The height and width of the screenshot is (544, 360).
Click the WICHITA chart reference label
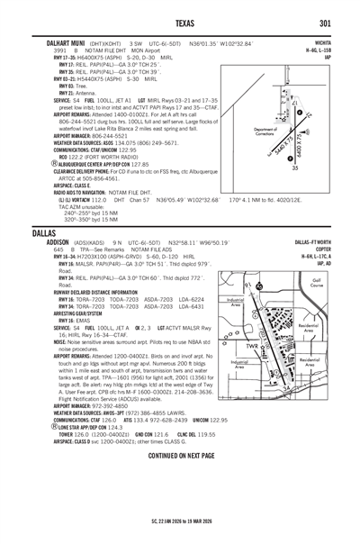tap(320, 42)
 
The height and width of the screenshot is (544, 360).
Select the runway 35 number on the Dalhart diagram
tap(320, 167)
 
